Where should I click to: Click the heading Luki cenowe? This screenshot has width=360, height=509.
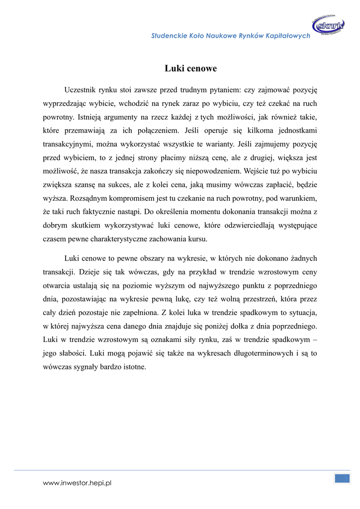pyautogui.click(x=190, y=69)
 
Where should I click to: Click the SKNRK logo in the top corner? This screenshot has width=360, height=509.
pyautogui.click(x=328, y=25)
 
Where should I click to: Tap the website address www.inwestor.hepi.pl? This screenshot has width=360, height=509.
pyautogui.click(x=77, y=483)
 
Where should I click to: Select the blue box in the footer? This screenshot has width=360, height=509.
pyautogui.click(x=342, y=478)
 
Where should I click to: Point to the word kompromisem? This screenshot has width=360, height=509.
pyautogui.click(x=126, y=198)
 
